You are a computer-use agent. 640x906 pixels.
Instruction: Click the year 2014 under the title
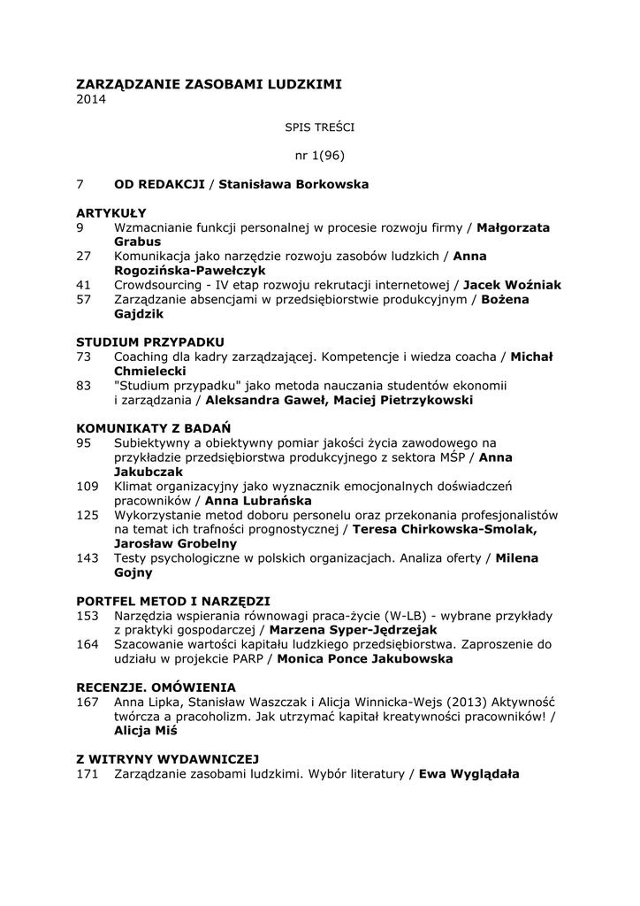90,100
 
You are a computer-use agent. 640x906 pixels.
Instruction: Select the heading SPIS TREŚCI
319,127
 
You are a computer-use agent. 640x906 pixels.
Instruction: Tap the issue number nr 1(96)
319,156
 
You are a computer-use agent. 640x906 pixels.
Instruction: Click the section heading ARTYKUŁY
111,213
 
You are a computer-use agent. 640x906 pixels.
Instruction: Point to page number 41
84,285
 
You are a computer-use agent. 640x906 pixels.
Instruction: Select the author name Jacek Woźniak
512,285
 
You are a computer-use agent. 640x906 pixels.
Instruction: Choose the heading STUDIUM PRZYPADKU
150,342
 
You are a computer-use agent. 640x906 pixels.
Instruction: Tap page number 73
84,357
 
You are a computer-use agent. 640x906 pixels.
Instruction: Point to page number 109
88,486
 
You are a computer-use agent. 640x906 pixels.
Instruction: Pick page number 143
88,557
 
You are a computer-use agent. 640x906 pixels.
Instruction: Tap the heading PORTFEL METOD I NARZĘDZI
173,600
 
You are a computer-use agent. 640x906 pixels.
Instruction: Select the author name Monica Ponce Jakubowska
365,658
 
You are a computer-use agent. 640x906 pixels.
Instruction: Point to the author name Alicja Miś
146,731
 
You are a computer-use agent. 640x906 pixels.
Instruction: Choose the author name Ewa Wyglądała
469,773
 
